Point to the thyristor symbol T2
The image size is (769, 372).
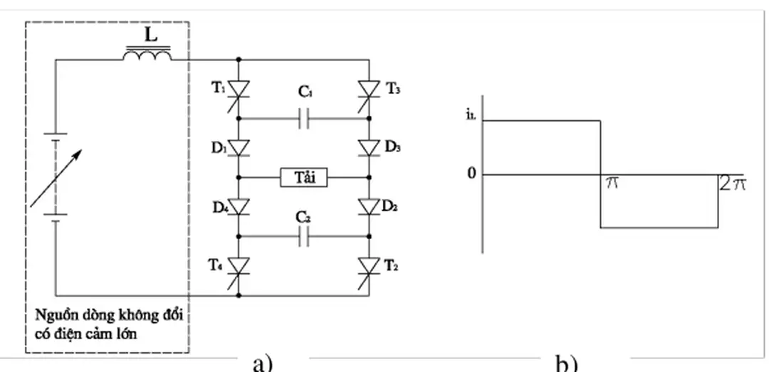369,265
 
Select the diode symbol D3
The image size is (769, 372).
369,148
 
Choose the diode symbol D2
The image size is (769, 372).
369,207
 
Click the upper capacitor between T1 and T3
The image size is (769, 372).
304,119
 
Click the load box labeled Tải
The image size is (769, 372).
304,177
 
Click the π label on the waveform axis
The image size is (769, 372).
611,184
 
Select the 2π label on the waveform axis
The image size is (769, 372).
731,184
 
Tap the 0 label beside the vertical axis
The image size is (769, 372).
471,174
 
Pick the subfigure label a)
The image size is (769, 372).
263,363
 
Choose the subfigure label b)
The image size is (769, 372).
565,363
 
